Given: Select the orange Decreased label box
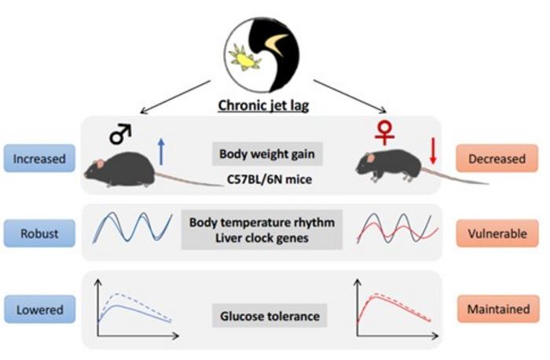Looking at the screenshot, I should (x=497, y=159).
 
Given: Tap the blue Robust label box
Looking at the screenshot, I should (x=38, y=233).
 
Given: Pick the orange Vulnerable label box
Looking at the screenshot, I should (x=497, y=233).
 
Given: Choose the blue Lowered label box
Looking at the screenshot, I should (x=38, y=309).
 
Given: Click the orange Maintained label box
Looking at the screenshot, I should (x=497, y=309).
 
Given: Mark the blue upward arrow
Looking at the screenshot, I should (x=161, y=152).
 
